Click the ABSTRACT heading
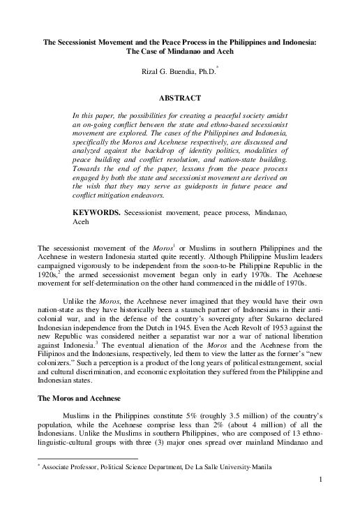click(179, 99)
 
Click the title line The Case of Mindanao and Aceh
click(179, 52)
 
